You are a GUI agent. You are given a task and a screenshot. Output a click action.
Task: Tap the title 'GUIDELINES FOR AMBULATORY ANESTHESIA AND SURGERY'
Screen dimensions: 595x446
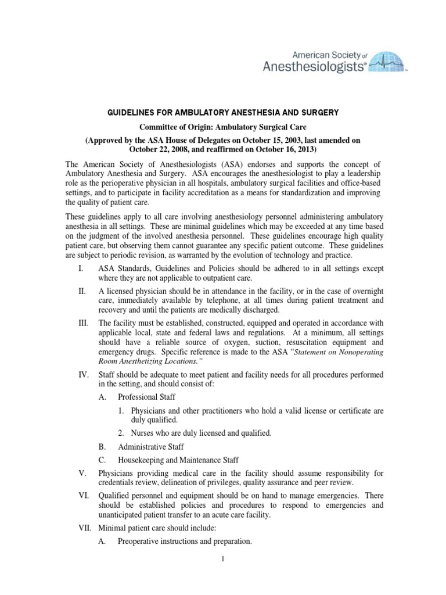(x=223, y=112)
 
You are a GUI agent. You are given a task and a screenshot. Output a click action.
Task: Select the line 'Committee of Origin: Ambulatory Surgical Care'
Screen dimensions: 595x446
(x=223, y=127)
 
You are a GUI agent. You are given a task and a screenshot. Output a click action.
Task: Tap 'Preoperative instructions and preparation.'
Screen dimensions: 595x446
(x=184, y=542)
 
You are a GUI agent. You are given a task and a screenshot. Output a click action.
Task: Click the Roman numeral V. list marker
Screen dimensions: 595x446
(x=81, y=474)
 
